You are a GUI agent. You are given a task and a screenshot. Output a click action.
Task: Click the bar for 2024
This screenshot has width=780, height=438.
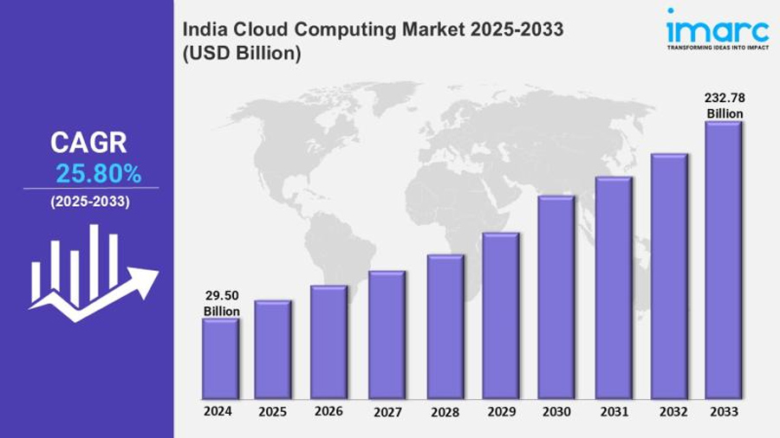220,358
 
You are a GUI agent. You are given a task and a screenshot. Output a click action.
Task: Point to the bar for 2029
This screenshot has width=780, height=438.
500,316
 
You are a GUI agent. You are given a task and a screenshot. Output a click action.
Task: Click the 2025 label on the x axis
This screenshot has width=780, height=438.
272,412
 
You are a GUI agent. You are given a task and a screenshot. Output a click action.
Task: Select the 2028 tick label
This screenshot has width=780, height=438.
444,413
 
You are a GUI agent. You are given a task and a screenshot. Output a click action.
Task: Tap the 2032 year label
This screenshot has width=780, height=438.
668,413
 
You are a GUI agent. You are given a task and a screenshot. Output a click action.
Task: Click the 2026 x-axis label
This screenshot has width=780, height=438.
328,412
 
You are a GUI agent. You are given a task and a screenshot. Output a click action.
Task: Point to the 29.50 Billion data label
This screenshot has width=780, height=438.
222,304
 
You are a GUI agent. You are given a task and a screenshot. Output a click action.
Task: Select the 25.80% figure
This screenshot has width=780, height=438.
98,174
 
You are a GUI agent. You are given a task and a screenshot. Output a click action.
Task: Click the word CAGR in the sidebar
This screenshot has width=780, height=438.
88,143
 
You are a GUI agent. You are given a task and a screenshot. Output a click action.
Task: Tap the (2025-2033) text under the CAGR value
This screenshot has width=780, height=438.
90,202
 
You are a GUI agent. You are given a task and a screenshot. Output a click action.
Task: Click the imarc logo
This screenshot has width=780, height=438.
717,28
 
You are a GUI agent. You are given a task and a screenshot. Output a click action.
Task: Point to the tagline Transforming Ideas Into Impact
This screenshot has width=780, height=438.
717,48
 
